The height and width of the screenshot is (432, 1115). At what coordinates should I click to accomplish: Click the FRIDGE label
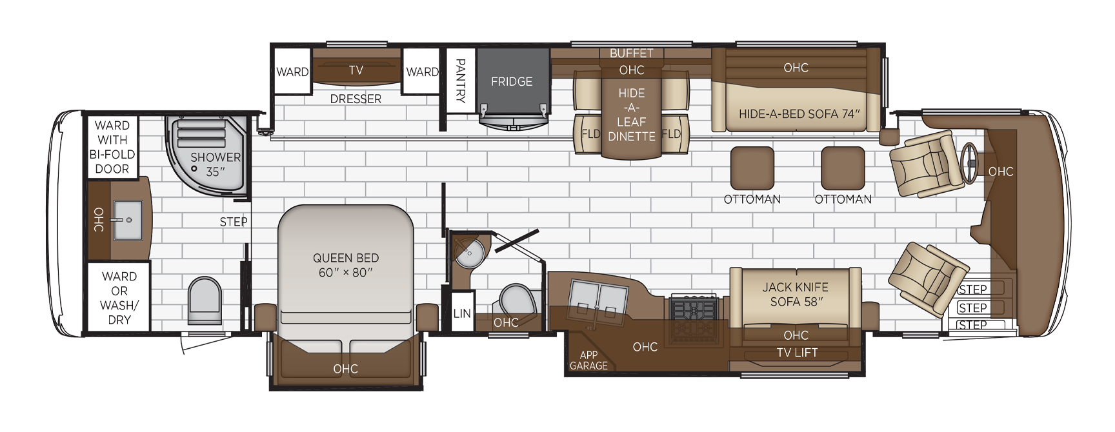(x=512, y=82)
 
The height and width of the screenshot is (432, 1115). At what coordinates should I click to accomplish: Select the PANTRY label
(x=461, y=81)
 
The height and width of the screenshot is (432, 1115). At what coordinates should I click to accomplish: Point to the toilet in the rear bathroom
(x=205, y=300)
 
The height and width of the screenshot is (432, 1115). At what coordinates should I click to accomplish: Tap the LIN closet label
(x=462, y=313)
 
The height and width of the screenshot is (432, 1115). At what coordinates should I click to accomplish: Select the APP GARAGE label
(x=588, y=360)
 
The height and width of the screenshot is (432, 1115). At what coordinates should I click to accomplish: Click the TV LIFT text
(x=797, y=353)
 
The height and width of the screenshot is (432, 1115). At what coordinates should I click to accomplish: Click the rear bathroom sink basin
(x=128, y=220)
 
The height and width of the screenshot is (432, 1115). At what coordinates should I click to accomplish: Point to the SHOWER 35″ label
(x=215, y=164)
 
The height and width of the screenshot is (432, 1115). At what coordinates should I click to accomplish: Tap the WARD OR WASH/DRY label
(x=119, y=298)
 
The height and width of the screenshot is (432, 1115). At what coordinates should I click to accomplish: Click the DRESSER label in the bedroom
(x=356, y=99)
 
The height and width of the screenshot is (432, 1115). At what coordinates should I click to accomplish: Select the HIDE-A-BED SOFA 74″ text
(x=799, y=114)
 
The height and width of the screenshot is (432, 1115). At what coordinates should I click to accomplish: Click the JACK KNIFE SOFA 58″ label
(x=796, y=294)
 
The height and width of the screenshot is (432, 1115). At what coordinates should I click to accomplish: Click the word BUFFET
(x=631, y=54)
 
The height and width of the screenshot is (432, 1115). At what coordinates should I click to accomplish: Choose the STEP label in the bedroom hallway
(x=234, y=222)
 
